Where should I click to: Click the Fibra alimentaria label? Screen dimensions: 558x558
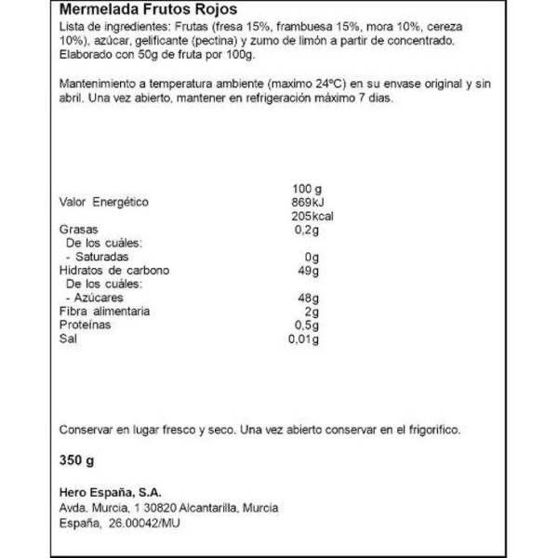[104, 312]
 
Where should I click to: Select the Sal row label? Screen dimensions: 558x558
[67, 339]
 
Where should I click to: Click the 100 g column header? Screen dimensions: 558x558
[308, 189]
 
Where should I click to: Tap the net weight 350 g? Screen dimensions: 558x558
[76, 459]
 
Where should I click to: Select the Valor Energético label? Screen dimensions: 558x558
[103, 203]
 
